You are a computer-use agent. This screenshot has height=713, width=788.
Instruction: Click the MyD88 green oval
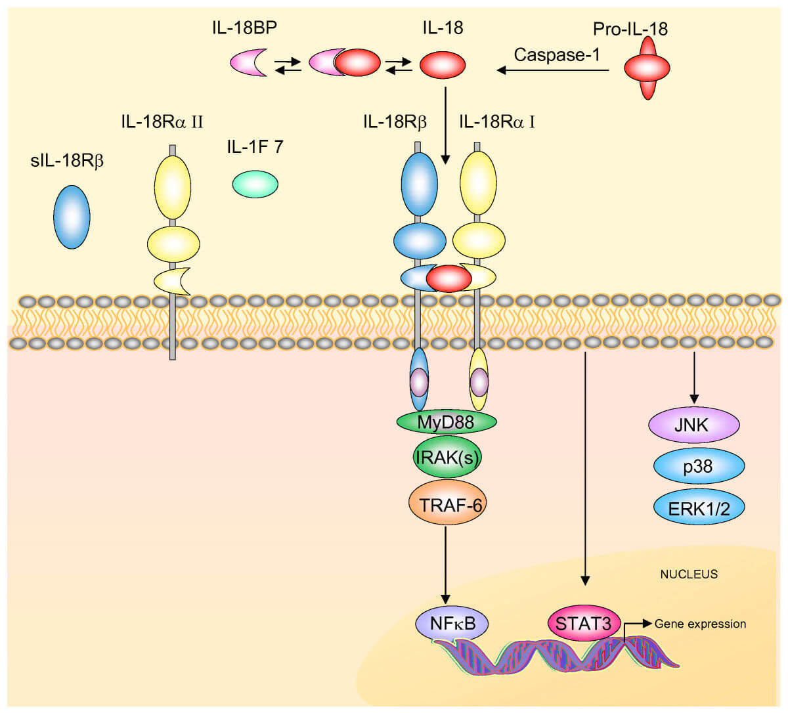[x=446, y=421]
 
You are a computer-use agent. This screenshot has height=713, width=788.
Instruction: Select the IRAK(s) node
[x=447, y=457]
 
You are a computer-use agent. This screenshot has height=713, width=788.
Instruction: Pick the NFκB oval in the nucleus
[x=452, y=622]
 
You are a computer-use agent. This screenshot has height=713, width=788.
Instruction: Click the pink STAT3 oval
[x=584, y=622]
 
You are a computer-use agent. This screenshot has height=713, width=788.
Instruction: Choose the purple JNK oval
[x=693, y=425]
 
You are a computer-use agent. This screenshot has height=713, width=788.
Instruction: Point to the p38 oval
[x=698, y=466]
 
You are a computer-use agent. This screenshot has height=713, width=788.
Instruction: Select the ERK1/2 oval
[x=699, y=508]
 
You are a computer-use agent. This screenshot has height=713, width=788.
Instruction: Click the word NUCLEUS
[x=689, y=574]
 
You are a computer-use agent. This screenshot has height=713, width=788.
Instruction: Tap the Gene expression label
[x=700, y=624]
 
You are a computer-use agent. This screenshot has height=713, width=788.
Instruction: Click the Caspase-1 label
[x=557, y=54]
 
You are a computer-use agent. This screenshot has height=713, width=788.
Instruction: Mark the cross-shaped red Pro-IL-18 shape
[x=647, y=68]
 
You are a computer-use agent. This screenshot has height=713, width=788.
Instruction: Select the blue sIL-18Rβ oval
[x=72, y=217]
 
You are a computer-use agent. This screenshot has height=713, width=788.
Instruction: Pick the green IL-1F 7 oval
[x=255, y=184]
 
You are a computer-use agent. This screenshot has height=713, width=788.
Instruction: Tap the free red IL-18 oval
[x=442, y=65]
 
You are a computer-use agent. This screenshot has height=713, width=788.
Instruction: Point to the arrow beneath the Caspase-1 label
[x=552, y=70]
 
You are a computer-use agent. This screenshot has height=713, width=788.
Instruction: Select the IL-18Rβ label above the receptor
[x=395, y=121]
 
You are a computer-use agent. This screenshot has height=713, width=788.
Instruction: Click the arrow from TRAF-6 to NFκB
[x=446, y=565]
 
